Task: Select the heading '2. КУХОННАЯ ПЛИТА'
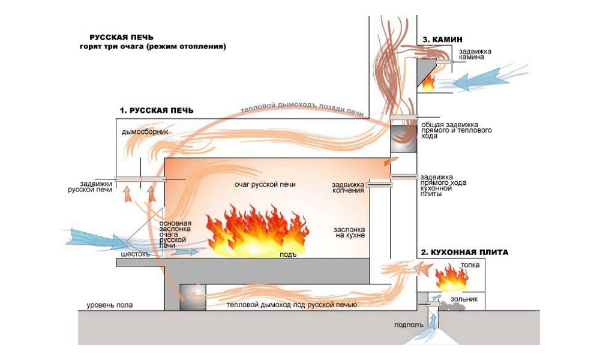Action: [x=464, y=253]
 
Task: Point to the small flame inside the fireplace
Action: [x=428, y=82]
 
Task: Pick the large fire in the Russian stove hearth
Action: [x=258, y=231]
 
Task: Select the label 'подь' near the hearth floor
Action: [x=289, y=254]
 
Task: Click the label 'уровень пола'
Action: [x=109, y=305]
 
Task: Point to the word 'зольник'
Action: [x=466, y=298]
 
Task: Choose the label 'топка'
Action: [x=469, y=265]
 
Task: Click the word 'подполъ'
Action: [x=409, y=325]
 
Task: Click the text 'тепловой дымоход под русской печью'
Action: [x=292, y=305]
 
